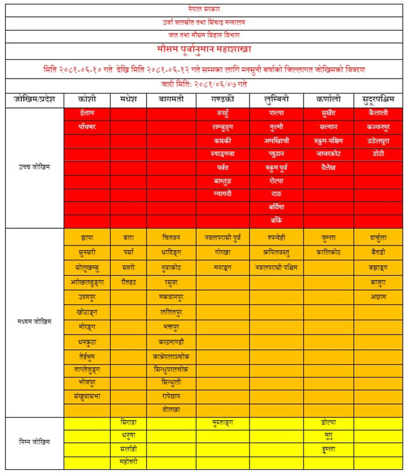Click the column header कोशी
point(87,99)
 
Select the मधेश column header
point(128,99)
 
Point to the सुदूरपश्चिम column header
point(378,99)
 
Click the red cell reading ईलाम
point(87,113)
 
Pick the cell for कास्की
point(223,141)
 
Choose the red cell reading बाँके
point(277,221)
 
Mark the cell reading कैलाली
point(378,113)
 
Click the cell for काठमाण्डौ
point(171,342)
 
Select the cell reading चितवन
point(171,237)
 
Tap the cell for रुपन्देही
point(277,237)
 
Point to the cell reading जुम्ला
point(328,237)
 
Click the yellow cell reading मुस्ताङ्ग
point(223,423)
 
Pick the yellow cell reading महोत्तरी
point(128,462)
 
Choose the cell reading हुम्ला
point(328,449)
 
